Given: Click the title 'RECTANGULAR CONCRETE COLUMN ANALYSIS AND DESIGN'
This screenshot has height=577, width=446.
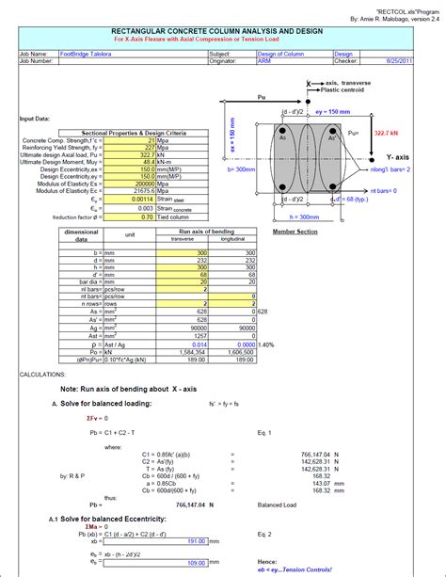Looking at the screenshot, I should click(x=222, y=30).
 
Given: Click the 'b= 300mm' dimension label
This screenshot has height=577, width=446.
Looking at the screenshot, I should click(x=244, y=170).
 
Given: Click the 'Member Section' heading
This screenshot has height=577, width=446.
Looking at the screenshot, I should click(x=293, y=231).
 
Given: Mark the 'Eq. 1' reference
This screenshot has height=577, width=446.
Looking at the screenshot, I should click(x=264, y=432).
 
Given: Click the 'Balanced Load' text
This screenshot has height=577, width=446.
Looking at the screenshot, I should click(x=278, y=504).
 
